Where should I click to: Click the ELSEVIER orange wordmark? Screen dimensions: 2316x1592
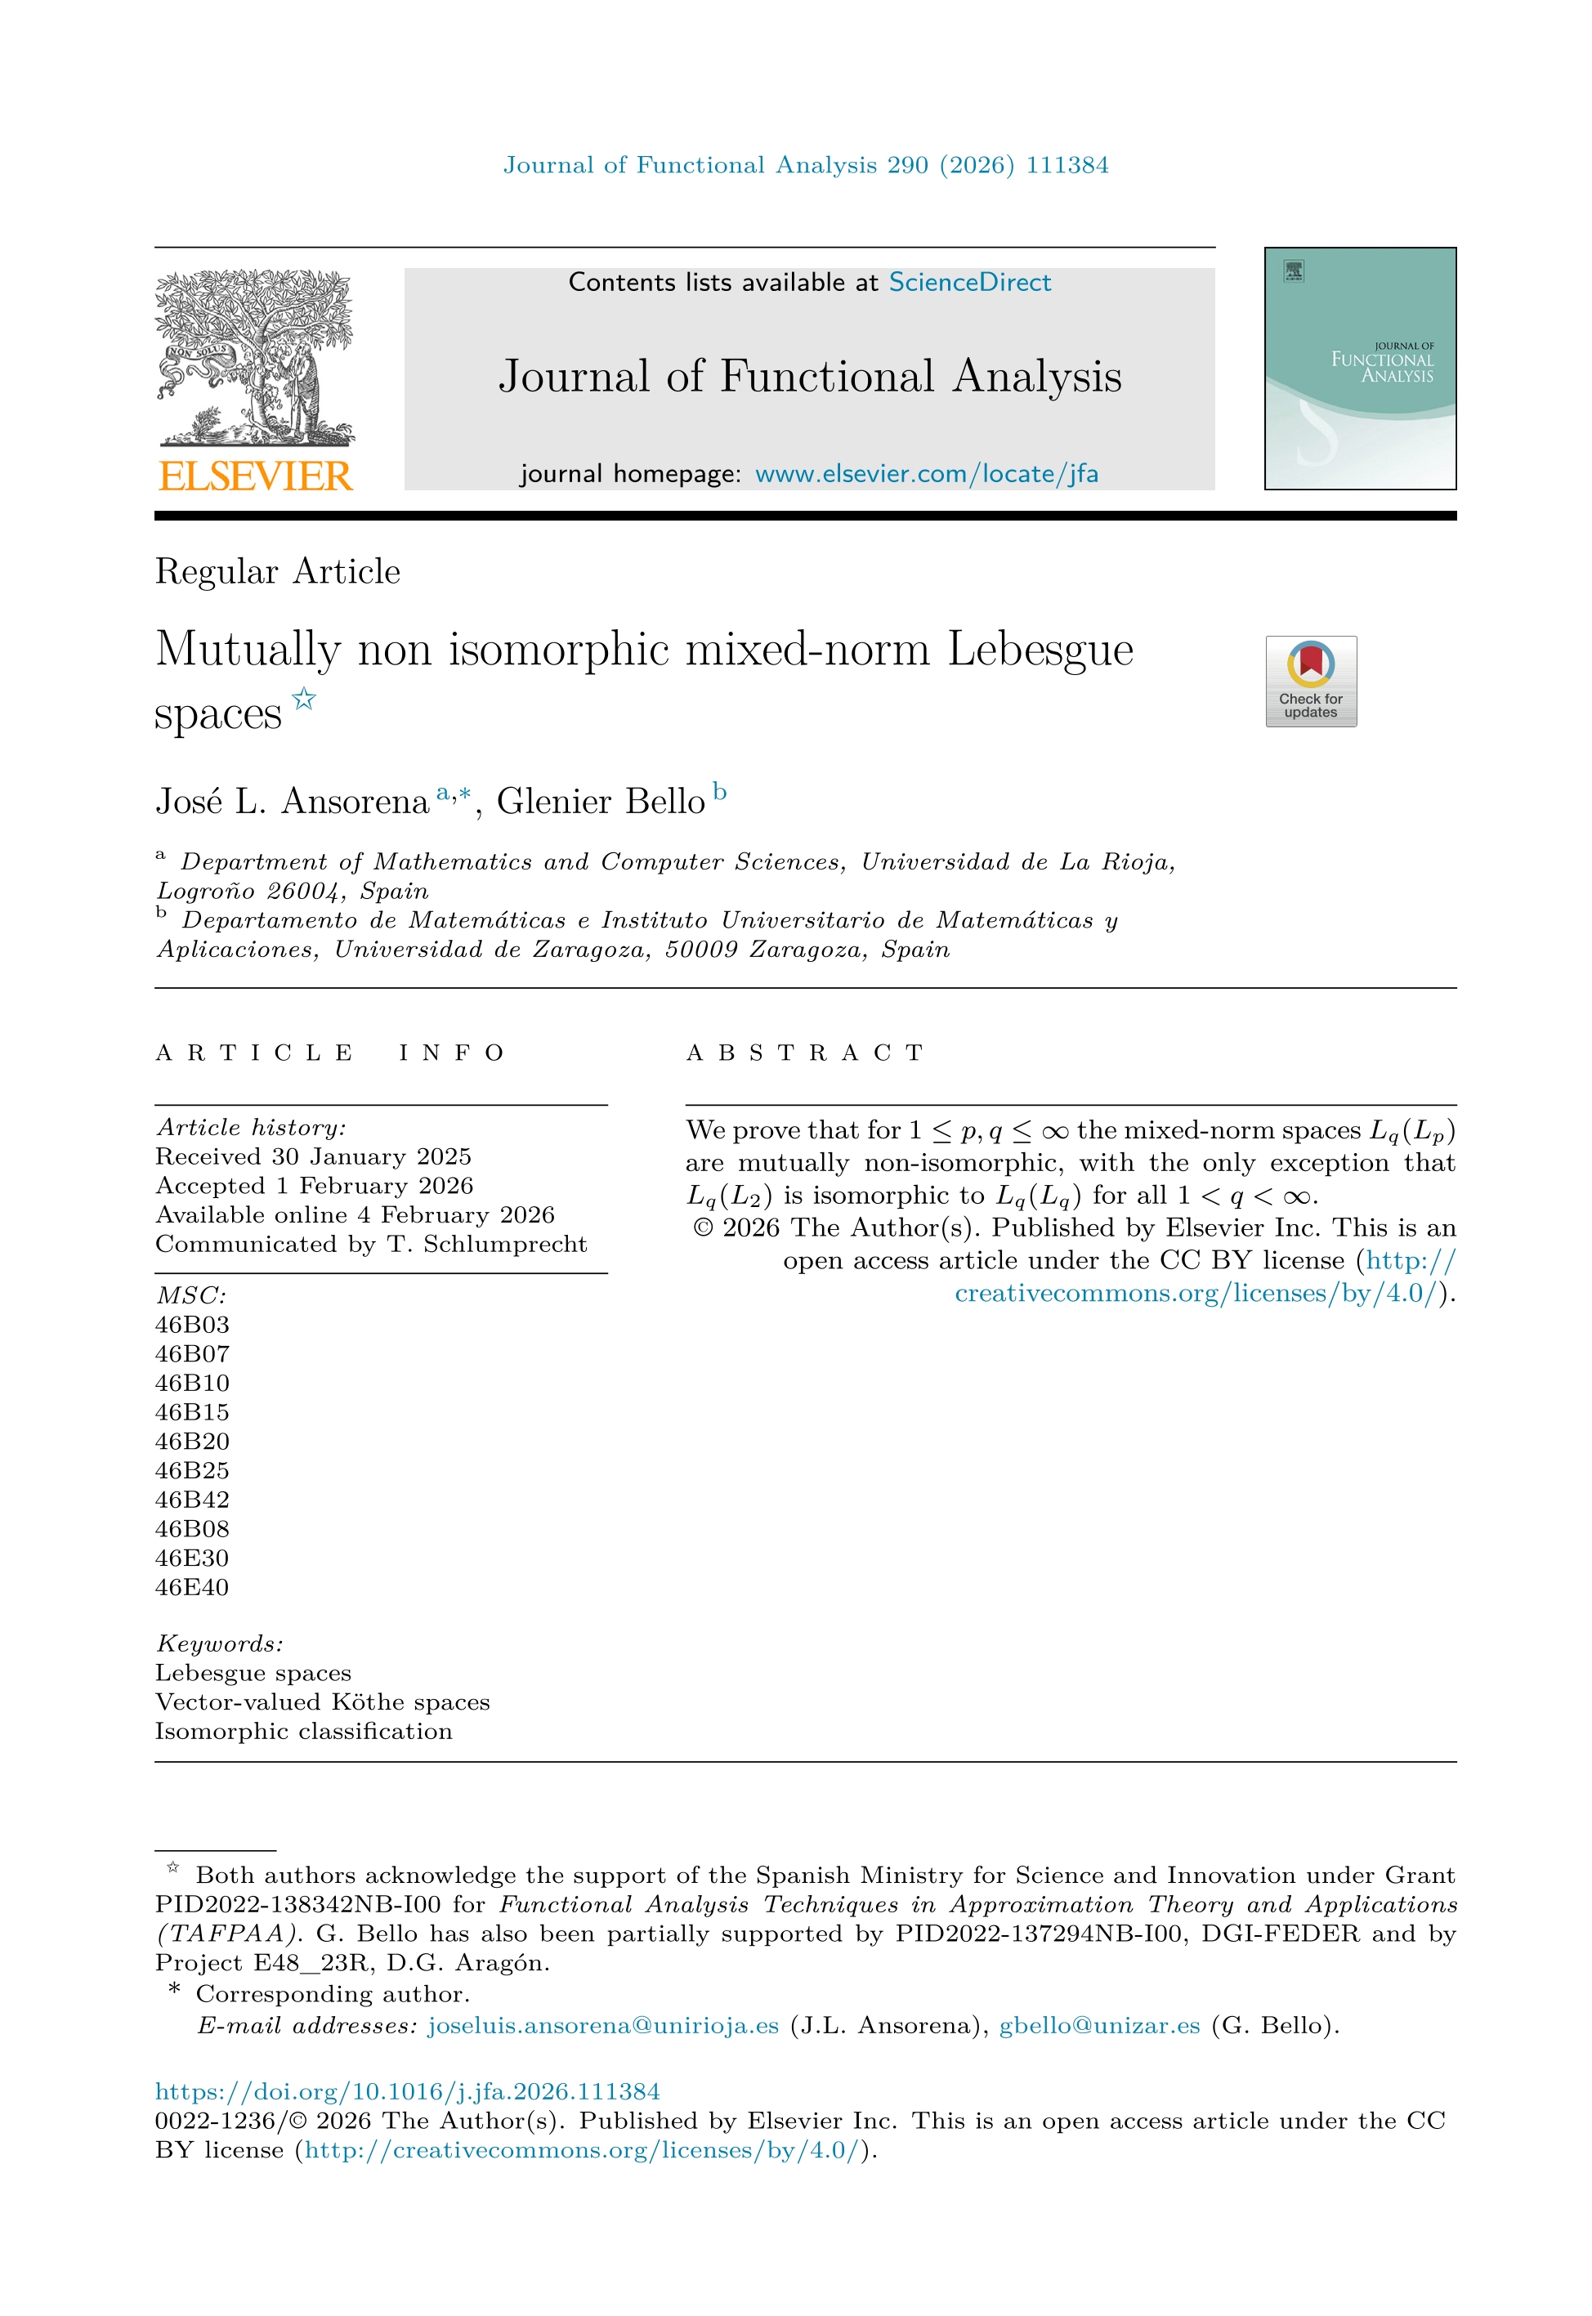[255, 476]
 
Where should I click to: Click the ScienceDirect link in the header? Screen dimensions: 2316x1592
[969, 282]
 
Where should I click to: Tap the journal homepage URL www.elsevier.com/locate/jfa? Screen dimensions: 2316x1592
[926, 474]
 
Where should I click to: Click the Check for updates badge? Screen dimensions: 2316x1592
[1311, 682]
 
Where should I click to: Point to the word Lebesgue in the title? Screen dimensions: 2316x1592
[1040, 650]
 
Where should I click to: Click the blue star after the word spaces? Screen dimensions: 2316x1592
[304, 700]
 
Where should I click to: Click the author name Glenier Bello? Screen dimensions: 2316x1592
[601, 802]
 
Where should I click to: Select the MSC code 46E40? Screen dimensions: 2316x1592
[193, 1587]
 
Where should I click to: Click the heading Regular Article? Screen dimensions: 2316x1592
[277, 571]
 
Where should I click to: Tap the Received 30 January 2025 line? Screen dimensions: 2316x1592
[313, 1156]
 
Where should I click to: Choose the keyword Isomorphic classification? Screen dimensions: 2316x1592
[303, 1731]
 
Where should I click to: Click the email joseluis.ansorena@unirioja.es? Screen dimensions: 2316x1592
[602, 2026]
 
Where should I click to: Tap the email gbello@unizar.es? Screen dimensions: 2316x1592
[1099, 2026]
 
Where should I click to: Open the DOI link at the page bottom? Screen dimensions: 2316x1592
[407, 2091]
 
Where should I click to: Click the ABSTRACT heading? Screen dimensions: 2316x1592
[806, 1053]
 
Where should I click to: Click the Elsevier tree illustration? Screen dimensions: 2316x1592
[255, 357]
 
